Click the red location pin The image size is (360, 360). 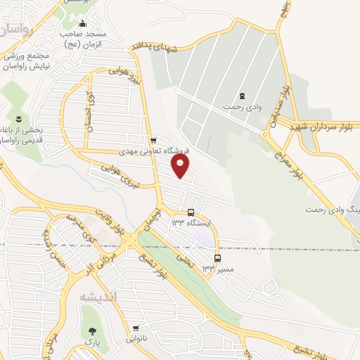pos(181,166)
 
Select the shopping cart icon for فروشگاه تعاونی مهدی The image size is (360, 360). pos(153,140)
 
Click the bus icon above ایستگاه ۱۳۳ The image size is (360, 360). pos(191,212)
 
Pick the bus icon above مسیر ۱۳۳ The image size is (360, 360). pos(217,257)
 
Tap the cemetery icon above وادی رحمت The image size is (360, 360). pos(243,96)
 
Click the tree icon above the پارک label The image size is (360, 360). pos(90,331)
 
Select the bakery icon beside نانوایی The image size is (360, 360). pos(136,328)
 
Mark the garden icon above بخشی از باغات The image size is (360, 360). pos(18,117)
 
